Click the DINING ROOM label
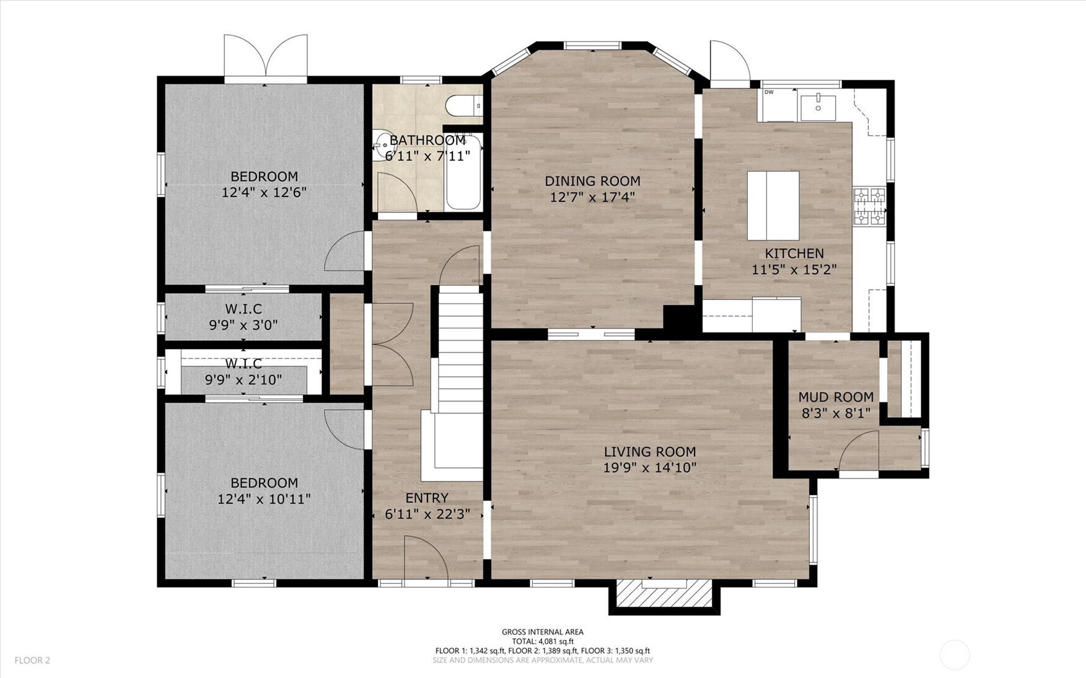[x=592, y=181]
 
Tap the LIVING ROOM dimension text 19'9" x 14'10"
[x=650, y=467]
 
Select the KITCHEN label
[x=794, y=253]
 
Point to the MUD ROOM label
[x=836, y=397]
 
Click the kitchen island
[x=773, y=206]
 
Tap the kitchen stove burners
[x=870, y=206]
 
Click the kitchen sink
[x=818, y=107]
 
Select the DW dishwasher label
[x=769, y=92]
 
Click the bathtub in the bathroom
[x=463, y=172]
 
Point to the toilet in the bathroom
[x=464, y=105]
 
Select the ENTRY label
[x=427, y=498]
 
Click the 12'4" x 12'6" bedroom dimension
[x=265, y=192]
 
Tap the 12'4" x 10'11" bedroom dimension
[x=264, y=499]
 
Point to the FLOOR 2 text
[x=32, y=661]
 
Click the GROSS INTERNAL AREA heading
[x=543, y=632]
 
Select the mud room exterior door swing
[x=858, y=451]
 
